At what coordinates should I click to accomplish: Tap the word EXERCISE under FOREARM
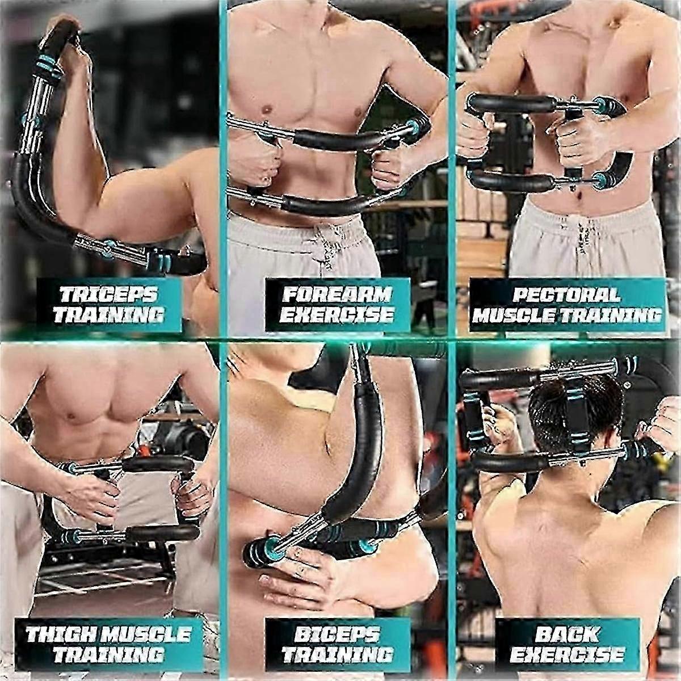pos(337,315)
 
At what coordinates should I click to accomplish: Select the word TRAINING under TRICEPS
pos(109,315)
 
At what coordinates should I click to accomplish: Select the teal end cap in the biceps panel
pos(270,544)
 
